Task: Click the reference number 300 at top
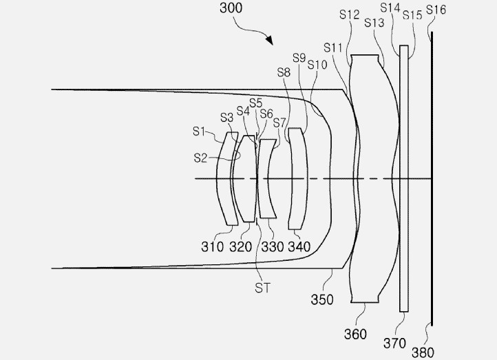(231, 8)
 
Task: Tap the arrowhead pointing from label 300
(269, 40)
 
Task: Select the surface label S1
(199, 131)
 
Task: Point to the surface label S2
(200, 158)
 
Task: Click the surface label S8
(284, 72)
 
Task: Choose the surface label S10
(317, 65)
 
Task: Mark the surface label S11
(333, 48)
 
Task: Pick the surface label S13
(374, 23)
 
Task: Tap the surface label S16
(436, 10)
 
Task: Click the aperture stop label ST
(262, 288)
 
